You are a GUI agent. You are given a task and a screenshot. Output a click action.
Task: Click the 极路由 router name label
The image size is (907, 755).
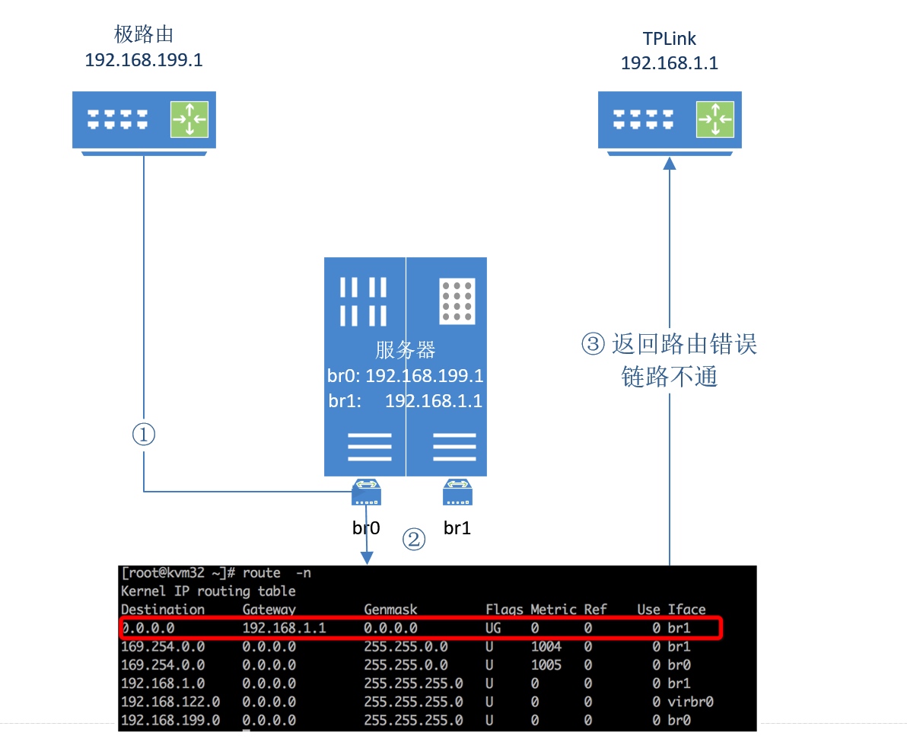click(144, 34)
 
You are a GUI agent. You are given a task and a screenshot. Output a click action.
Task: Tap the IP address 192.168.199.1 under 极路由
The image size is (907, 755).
click(144, 60)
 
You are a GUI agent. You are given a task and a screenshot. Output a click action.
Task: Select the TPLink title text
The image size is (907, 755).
click(669, 38)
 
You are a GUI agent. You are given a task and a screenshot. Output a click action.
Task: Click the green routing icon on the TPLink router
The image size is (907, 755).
click(715, 119)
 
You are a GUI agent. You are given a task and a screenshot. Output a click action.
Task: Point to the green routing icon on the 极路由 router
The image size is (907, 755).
click(189, 119)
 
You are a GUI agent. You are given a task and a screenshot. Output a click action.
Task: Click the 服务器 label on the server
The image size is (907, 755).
click(405, 350)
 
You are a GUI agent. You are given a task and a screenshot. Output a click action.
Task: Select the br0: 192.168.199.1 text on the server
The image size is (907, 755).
click(406, 376)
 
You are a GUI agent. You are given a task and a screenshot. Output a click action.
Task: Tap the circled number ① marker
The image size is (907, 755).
click(144, 435)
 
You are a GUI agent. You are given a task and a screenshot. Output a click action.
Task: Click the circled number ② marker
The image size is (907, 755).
click(413, 540)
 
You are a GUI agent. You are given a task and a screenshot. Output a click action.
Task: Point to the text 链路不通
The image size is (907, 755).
click(670, 376)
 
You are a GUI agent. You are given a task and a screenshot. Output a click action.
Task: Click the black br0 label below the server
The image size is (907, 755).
click(366, 527)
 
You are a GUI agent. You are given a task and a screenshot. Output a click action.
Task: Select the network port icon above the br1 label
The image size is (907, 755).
click(457, 492)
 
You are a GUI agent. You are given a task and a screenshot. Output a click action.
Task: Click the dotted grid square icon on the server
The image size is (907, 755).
click(457, 300)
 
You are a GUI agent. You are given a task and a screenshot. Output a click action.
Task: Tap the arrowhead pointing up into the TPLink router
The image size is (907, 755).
click(670, 162)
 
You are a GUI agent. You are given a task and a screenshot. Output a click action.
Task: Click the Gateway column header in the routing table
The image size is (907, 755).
click(269, 609)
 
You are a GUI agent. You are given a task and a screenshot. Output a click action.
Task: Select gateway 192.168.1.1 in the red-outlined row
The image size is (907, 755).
click(284, 628)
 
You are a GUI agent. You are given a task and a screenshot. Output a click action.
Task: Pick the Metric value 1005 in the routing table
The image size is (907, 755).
click(546, 664)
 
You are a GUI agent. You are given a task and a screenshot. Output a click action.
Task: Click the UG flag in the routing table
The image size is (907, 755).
click(493, 628)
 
